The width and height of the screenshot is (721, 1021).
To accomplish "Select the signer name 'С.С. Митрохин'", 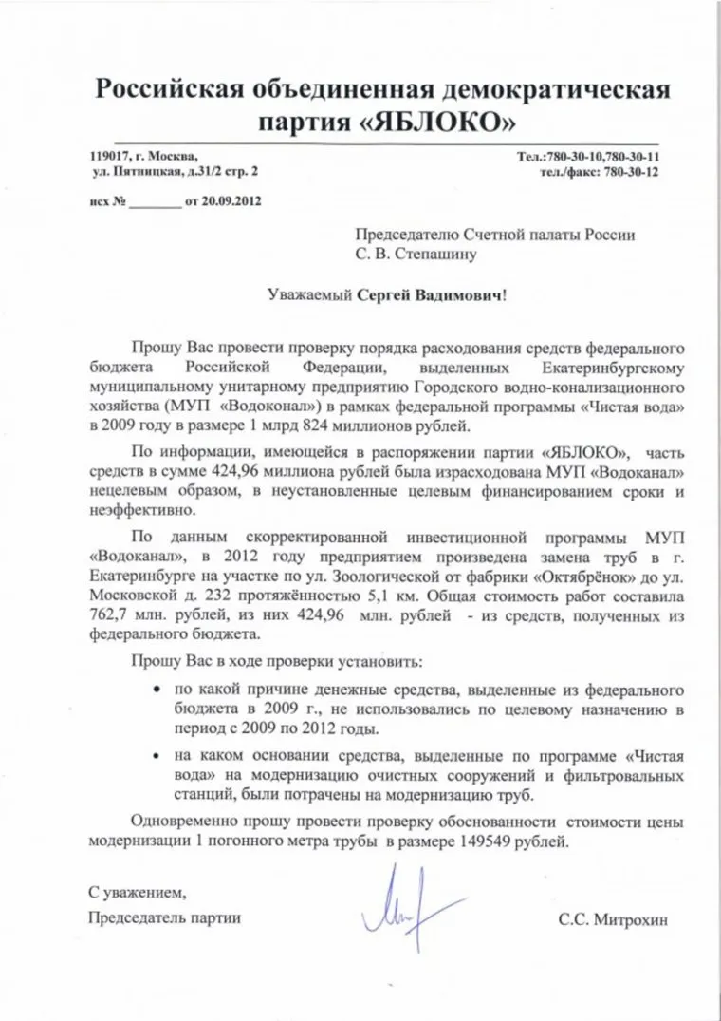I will coord(603,918).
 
